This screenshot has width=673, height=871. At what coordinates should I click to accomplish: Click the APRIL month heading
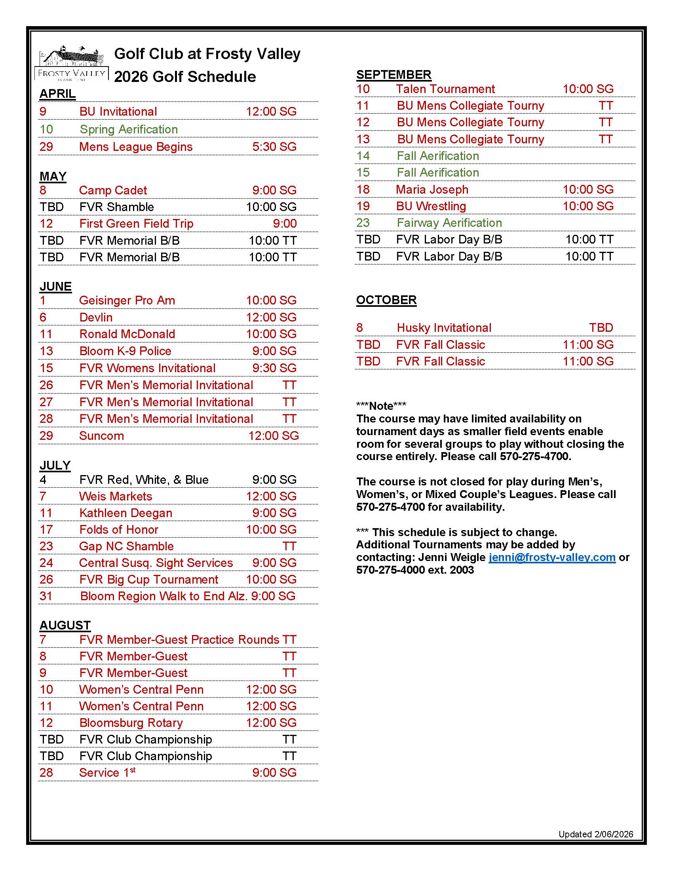[57, 94]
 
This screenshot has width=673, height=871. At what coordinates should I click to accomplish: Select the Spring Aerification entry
[128, 129]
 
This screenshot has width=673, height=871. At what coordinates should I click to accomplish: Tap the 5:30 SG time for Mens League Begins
[274, 147]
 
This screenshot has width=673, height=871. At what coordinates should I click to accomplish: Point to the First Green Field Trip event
[136, 224]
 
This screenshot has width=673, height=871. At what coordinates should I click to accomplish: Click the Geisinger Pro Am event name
[127, 300]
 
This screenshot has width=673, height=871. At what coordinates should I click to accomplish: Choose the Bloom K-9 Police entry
[125, 351]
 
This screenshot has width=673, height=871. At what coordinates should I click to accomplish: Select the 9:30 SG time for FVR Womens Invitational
[274, 368]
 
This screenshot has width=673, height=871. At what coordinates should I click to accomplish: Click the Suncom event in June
[101, 435]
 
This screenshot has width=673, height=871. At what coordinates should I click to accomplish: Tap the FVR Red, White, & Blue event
[144, 479]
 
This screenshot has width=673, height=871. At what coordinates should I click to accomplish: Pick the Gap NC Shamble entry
[126, 546]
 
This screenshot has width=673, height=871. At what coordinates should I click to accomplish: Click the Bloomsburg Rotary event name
[131, 723]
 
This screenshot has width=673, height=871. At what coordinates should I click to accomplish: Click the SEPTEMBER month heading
[394, 75]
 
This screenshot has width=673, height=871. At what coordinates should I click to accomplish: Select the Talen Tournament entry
[445, 89]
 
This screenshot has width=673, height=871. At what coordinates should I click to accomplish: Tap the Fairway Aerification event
[449, 223]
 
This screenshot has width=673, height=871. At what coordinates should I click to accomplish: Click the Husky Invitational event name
[444, 328]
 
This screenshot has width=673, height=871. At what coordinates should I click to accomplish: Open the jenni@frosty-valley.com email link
[552, 557]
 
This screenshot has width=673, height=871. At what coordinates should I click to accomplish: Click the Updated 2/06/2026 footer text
[595, 834]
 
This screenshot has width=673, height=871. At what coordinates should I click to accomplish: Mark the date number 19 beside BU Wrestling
[363, 206]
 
